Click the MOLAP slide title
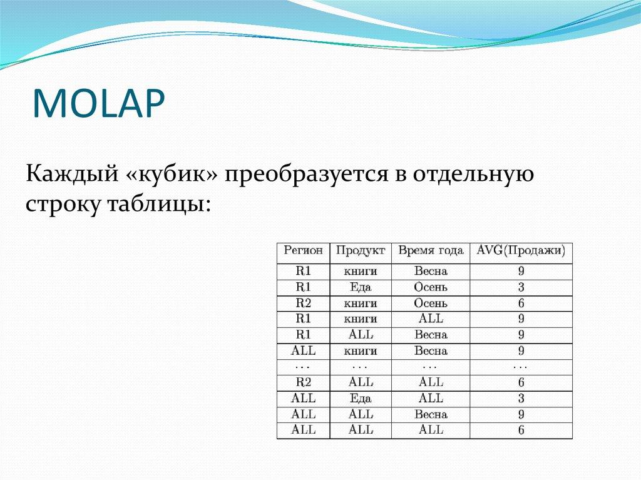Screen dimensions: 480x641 100,103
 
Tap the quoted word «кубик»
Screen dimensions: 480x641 171,173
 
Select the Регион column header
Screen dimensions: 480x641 303,251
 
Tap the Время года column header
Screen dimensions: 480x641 430,251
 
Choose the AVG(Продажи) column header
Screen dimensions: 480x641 520,251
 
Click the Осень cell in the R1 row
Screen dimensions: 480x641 430,287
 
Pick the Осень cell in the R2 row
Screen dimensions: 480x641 430,304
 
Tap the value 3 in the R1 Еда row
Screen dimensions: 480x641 520,288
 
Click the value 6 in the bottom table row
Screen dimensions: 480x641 520,431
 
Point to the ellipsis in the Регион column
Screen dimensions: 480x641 303,366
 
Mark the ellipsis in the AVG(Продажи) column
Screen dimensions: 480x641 520,366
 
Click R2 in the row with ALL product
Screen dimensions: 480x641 303,382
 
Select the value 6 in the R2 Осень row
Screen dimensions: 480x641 520,304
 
